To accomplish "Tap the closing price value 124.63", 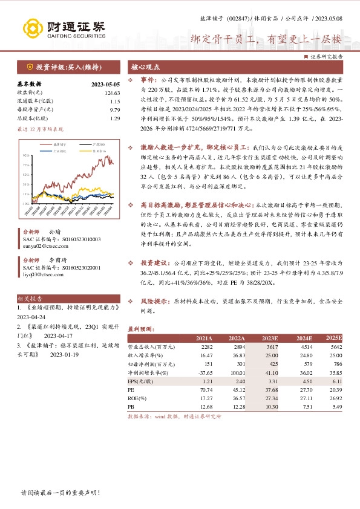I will pyautogui.click(x=112, y=92).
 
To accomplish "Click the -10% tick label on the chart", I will pyautogui.click(x=26, y=204).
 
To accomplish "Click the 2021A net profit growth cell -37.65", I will pyautogui.click(x=204, y=374).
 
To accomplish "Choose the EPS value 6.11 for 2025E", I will pyautogui.click(x=336, y=382).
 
